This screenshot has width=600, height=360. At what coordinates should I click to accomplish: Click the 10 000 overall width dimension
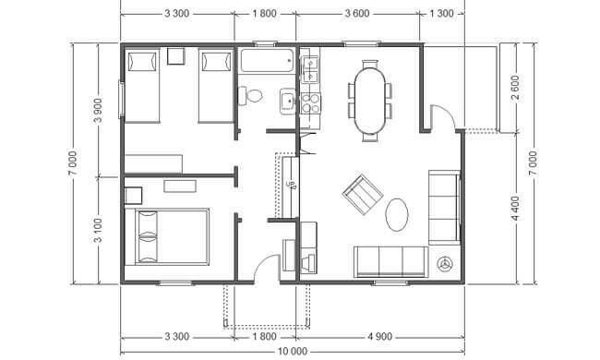click(291, 351)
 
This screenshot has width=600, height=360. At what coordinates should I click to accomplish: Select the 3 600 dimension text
click(357, 14)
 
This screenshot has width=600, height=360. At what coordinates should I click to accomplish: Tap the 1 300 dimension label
click(441, 14)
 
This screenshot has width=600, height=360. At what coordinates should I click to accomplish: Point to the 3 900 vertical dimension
click(99, 110)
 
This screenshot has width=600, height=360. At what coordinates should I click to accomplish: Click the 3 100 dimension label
click(99, 231)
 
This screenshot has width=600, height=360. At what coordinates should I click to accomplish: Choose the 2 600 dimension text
click(515, 87)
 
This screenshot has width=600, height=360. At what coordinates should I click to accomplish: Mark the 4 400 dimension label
click(515, 208)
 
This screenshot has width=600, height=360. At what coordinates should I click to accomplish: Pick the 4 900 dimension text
click(379, 337)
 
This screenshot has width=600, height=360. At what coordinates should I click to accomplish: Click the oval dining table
click(370, 101)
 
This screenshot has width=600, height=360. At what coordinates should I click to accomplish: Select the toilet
click(251, 95)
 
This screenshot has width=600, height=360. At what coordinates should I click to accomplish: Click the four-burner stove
click(310, 103)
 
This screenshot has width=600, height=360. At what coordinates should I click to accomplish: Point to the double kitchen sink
click(310, 69)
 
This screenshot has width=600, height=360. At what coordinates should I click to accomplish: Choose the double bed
click(172, 237)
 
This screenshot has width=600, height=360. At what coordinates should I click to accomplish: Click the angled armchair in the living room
click(363, 195)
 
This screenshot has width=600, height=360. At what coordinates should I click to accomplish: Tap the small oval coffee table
click(396, 214)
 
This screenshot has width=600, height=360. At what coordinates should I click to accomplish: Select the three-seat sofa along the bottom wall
click(390, 261)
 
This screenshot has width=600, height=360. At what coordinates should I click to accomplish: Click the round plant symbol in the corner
click(445, 264)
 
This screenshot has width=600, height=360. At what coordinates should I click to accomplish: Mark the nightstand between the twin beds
click(176, 56)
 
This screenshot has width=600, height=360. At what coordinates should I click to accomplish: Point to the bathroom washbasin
click(287, 102)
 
